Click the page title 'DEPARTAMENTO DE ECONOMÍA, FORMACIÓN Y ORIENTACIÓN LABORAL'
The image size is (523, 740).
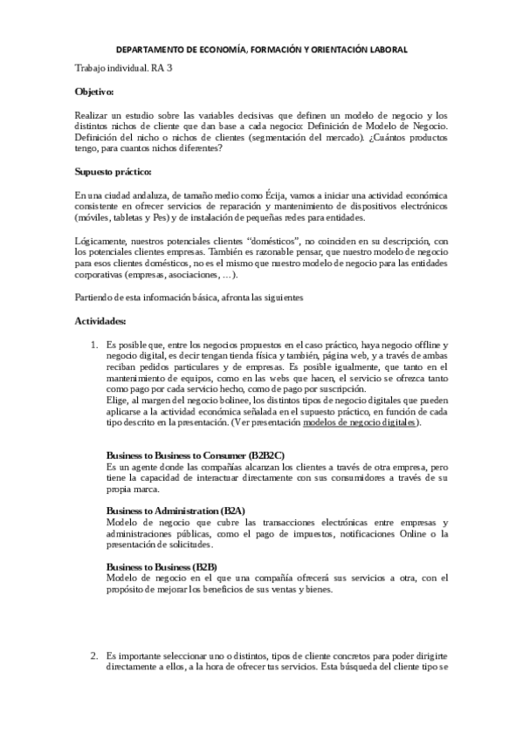(262, 50)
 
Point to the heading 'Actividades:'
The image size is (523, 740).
(100, 321)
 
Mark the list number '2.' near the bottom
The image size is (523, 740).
(95, 655)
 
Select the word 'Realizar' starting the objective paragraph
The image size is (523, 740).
(93, 115)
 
